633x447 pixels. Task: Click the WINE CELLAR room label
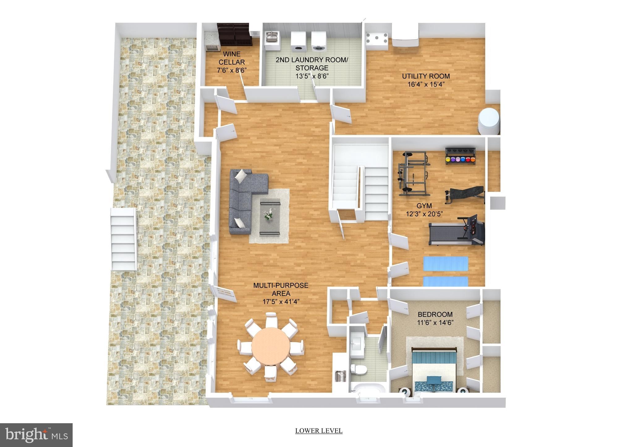[x=232, y=58]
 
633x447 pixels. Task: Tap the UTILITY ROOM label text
[x=426, y=76]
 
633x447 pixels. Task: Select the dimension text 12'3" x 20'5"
[x=424, y=213]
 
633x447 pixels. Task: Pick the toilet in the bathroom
[x=359, y=368]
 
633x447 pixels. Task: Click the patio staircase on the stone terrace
[x=124, y=239]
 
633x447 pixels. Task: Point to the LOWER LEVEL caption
[x=319, y=431]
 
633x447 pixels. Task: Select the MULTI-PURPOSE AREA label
[x=281, y=289]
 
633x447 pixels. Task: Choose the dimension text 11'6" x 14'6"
[x=435, y=323]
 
